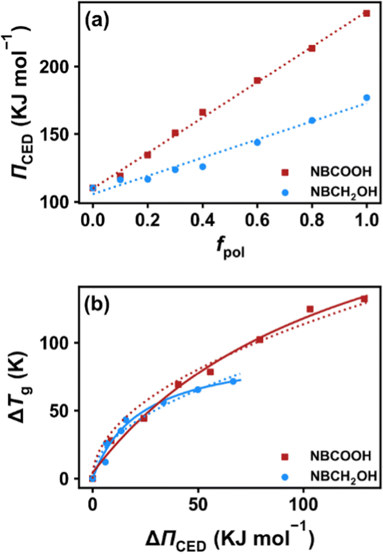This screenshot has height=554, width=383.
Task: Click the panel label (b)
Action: pos(102,303)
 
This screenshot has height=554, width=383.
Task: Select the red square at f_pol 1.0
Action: pos(366,13)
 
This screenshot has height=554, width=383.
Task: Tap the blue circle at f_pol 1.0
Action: pos(366,98)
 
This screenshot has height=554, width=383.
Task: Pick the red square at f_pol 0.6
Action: pos(257,80)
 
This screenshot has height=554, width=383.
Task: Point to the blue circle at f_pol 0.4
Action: pos(203,166)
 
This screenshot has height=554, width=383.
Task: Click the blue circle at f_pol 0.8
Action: pos(312,120)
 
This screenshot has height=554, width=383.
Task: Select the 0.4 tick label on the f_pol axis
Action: pos(202,220)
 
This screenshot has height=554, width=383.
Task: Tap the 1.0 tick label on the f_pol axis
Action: pos(366,220)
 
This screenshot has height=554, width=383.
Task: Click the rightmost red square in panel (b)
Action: pos(364,299)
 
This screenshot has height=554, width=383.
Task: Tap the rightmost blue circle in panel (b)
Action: pos(233,381)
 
